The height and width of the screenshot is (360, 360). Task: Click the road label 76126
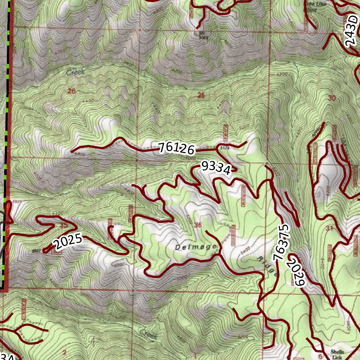click(x=176, y=149)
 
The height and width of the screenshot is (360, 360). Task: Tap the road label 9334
click(x=216, y=168)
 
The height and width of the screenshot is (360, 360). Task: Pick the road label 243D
click(x=351, y=31)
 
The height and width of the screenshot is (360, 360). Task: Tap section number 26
click(x=72, y=91)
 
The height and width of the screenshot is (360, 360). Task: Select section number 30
click(x=332, y=98)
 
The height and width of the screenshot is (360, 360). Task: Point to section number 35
click(x=64, y=225)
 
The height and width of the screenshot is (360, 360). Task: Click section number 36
click(x=198, y=225)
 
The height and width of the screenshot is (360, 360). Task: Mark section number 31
click(x=329, y=229)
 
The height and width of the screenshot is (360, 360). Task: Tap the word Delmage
click(x=195, y=247)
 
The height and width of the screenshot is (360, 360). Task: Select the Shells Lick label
click(x=337, y=354)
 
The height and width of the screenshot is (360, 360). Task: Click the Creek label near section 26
click(x=76, y=72)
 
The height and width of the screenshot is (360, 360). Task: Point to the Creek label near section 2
click(x=149, y=334)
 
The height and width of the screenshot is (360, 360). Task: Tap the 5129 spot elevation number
click(x=224, y=149)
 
